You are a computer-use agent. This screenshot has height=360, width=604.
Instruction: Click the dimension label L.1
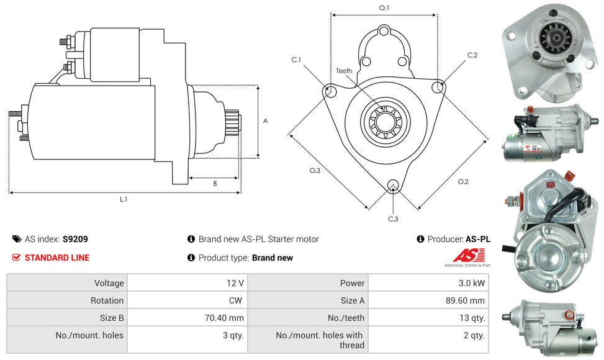124,199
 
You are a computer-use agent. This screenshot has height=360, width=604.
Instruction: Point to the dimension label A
265,121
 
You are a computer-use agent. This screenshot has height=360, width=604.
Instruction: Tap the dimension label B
215,184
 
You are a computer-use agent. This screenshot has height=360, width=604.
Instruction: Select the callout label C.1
296,60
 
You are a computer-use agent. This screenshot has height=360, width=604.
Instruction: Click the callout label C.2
472,55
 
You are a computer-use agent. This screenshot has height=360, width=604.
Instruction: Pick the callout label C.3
393,218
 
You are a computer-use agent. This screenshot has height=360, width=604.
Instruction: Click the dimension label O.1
384,8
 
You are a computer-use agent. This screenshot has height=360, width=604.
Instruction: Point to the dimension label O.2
463,181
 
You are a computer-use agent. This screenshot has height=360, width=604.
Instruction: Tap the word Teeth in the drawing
344,71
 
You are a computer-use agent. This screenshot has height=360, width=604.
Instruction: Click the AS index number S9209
75,239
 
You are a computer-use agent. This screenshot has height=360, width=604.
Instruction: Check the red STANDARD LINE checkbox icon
16,258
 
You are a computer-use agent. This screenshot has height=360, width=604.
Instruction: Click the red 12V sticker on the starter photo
550,184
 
